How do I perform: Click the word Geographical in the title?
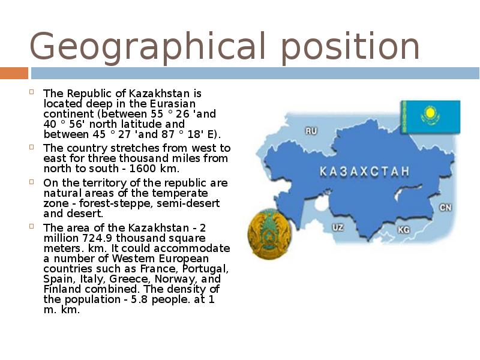click(147, 47)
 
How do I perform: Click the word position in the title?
click(350, 47)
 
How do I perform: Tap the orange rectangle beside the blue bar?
click(14, 73)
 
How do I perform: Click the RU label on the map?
click(311, 131)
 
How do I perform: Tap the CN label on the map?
click(445, 208)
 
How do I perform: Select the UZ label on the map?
click(338, 227)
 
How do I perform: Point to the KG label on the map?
click(403, 230)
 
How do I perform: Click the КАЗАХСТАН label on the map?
click(364, 172)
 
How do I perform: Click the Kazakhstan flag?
click(430, 117)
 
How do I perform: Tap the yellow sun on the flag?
click(430, 113)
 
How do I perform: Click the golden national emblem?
click(269, 233)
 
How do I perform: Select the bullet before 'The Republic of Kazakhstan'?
click(32, 92)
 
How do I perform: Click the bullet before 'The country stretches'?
click(32, 146)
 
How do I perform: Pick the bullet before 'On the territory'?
click(32, 182)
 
